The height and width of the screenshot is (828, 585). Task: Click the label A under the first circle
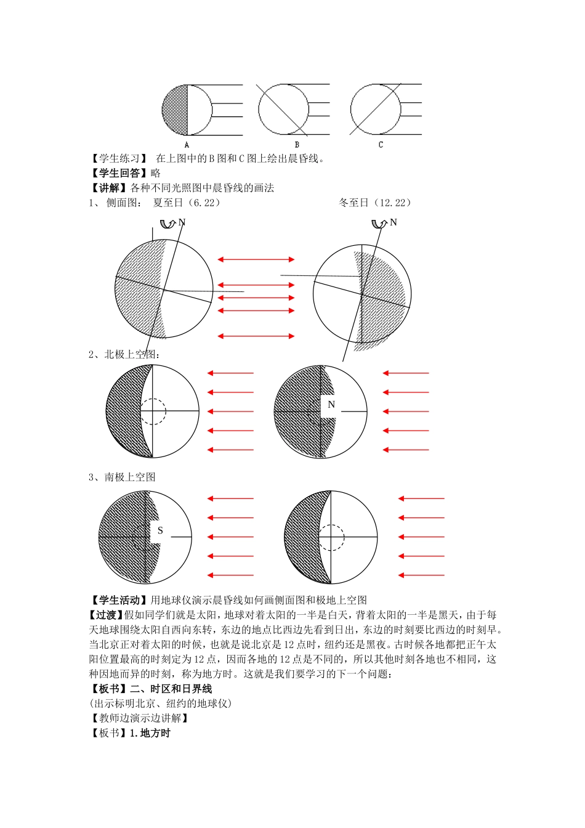[x=187, y=145]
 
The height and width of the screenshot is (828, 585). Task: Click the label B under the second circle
[x=297, y=145]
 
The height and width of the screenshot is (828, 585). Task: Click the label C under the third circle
[x=381, y=145]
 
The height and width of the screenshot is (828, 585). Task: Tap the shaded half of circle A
[x=175, y=110]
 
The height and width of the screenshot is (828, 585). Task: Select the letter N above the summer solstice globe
[x=182, y=222]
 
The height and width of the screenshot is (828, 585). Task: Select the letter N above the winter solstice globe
[x=393, y=222]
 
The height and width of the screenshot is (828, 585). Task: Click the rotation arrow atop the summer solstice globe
[x=167, y=223]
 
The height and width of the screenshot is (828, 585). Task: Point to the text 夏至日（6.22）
[x=187, y=203]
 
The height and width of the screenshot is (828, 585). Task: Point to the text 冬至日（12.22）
[x=375, y=203]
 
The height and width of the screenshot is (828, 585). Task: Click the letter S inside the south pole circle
[x=160, y=530]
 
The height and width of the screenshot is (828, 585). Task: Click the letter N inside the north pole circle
[x=331, y=405]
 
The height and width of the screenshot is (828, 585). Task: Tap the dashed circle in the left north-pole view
[x=153, y=411]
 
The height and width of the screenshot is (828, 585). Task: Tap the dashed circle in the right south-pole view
[x=331, y=537]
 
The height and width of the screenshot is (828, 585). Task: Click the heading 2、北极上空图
[x=124, y=354]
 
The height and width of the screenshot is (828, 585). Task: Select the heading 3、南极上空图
[x=122, y=477]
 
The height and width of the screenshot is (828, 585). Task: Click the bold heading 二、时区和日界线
[x=171, y=689]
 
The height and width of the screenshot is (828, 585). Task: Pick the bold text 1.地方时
[x=150, y=733]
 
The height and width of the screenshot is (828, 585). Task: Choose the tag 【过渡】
[x=107, y=615]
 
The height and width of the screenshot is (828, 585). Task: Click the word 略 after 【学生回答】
[x=155, y=173]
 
